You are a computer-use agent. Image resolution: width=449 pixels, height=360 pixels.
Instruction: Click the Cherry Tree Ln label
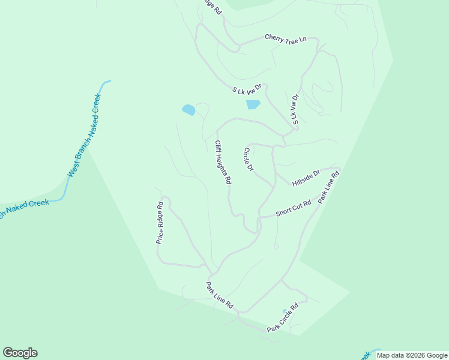286,38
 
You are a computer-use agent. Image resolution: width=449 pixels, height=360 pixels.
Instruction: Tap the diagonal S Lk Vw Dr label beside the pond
248,90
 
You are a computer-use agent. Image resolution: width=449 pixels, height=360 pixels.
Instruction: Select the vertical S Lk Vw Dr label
295,109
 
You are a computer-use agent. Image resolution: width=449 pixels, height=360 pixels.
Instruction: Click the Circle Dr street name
249,159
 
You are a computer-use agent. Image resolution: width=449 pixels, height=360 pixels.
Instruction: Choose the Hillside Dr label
306,178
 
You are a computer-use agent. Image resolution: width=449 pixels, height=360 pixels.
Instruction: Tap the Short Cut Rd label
293,209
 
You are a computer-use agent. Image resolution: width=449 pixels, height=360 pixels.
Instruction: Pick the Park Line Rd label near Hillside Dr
329,187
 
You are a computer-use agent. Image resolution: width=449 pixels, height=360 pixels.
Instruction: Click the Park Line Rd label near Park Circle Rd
219,295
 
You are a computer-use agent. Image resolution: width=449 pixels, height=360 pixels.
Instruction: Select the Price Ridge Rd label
160,222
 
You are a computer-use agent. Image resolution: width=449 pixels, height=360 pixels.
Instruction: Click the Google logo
20,353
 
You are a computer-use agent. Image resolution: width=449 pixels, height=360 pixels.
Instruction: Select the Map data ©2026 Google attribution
412,355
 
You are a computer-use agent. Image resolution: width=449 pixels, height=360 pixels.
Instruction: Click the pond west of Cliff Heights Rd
188,110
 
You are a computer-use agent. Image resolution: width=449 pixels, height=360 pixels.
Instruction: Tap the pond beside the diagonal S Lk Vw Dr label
253,104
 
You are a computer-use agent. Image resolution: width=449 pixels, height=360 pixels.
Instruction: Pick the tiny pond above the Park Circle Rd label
285,311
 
